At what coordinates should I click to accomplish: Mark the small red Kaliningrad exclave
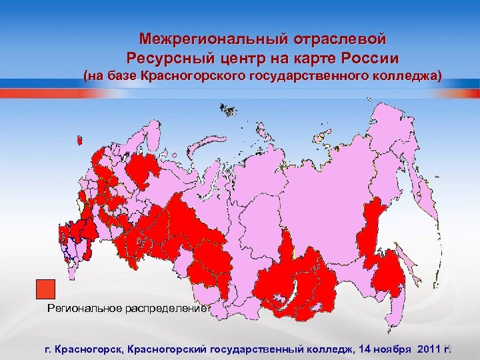tap(80, 140)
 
